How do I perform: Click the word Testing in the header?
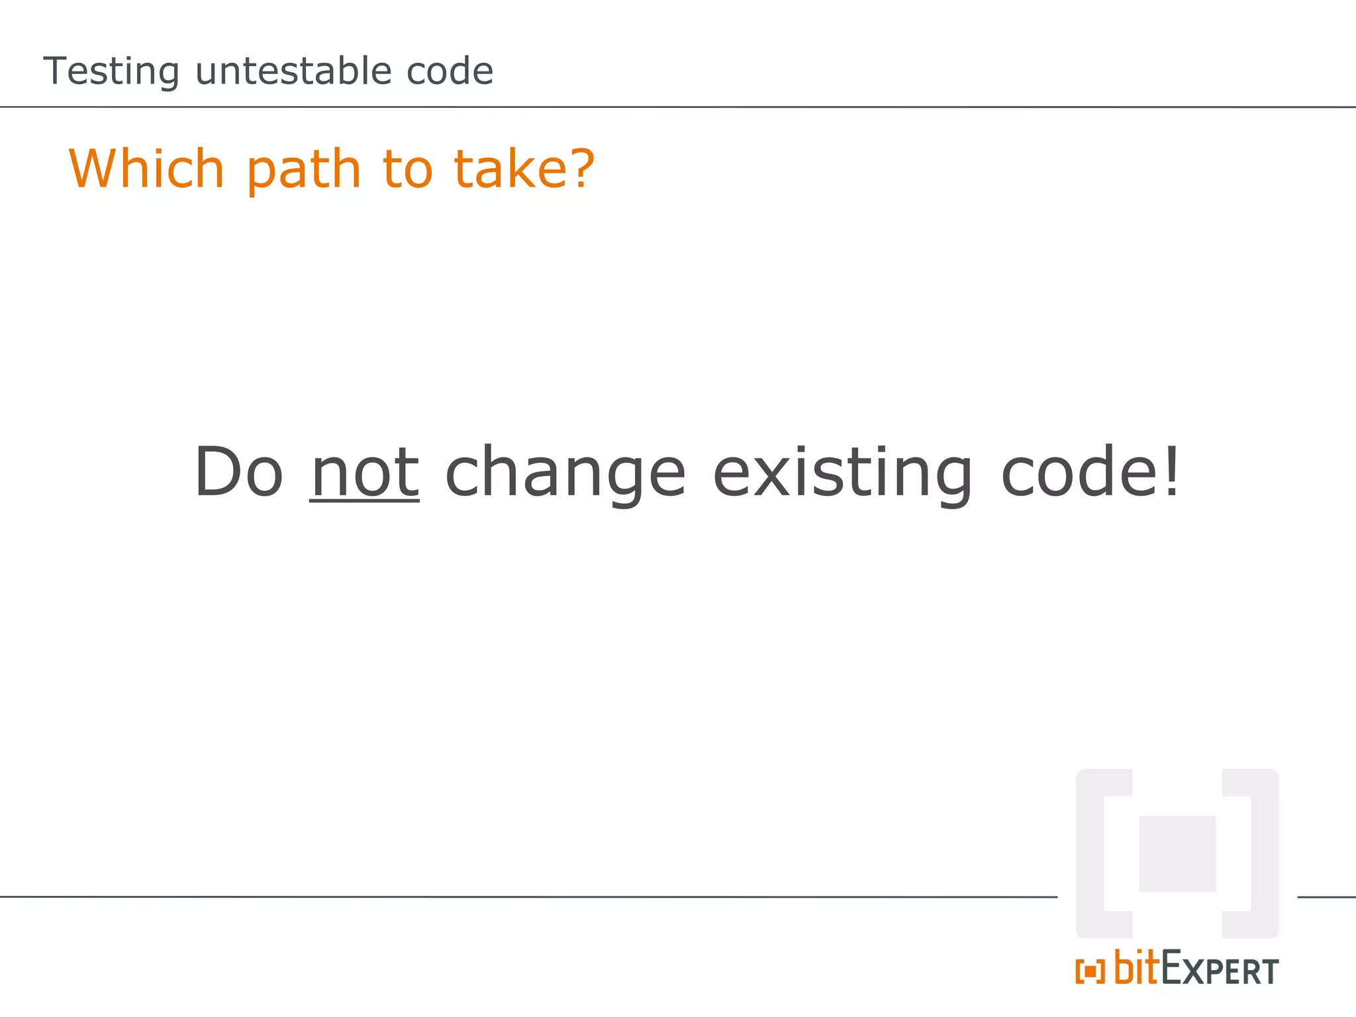coord(111,71)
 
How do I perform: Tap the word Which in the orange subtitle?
coord(147,169)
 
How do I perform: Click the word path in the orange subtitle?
coord(304,170)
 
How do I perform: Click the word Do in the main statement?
coord(238,471)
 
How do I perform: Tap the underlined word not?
coord(365,473)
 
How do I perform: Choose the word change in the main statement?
coord(565,473)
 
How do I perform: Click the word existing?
coord(842,473)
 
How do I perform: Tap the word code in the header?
coord(450,71)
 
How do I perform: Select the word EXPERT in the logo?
coord(1220,970)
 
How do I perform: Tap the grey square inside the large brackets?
coord(1177,853)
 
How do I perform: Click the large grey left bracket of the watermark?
coord(1092,853)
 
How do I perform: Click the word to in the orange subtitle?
coord(407,169)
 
